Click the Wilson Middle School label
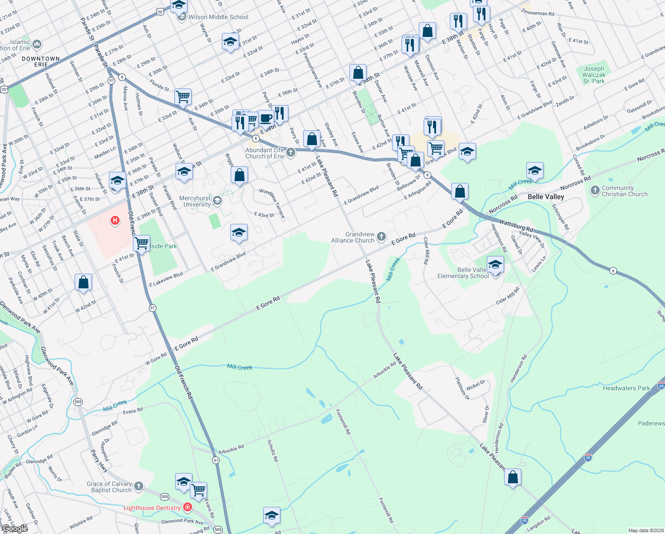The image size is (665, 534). [218, 17]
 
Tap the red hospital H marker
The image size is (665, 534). [115, 220]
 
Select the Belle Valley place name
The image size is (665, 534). [545, 197]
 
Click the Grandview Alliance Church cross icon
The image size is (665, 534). [381, 237]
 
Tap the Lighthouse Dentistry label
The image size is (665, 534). [152, 508]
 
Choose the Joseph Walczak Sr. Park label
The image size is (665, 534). [594, 75]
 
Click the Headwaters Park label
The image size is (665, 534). [626, 388]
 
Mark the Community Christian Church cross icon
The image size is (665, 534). [595, 190]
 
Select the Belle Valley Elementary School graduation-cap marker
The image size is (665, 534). [495, 265]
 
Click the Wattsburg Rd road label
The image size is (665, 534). [516, 225]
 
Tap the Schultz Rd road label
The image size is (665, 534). [272, 450]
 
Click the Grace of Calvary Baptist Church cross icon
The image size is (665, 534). [139, 486]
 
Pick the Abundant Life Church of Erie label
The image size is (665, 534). [264, 153]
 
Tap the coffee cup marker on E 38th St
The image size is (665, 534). [266, 118]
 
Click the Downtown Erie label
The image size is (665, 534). [41, 61]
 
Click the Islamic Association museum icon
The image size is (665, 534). [37, 44]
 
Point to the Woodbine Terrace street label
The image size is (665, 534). [272, 203]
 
